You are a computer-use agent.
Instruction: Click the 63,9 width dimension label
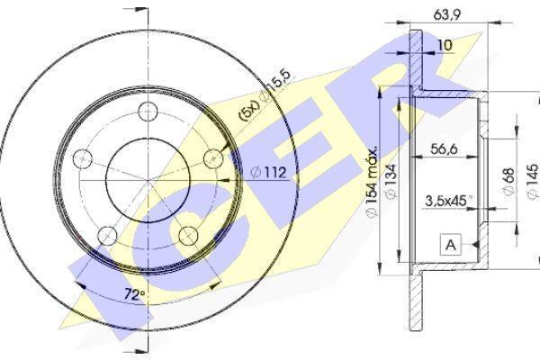tap(446, 14)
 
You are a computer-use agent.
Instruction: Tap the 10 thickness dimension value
tap(445, 45)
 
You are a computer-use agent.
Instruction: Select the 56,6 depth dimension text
tap(445, 148)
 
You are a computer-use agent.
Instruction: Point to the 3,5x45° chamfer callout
tap(449, 201)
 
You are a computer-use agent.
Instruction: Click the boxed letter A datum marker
tap(451, 245)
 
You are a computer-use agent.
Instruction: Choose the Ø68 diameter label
tap(508, 181)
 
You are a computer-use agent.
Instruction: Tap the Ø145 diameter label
tap(533, 181)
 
